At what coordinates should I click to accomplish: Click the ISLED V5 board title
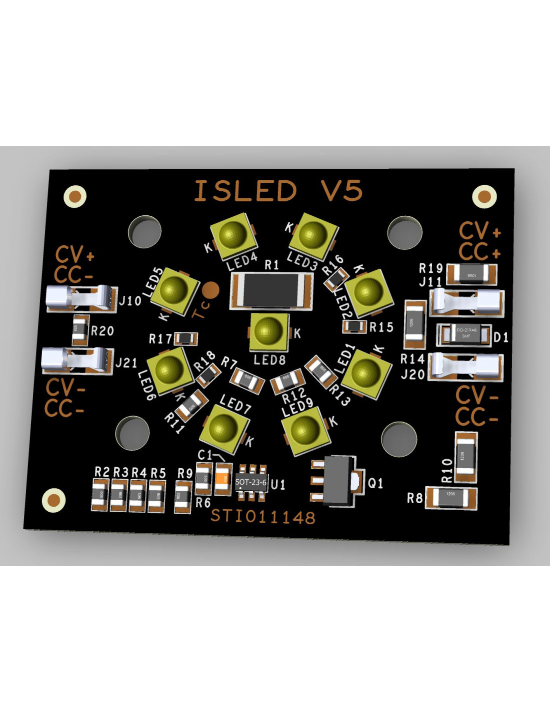pos(278,191)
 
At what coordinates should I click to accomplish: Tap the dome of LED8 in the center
pos(268,330)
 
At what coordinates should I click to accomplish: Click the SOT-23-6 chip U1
pos(251,482)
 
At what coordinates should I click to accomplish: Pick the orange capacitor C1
pos(223,479)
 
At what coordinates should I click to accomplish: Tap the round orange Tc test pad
pos(211,289)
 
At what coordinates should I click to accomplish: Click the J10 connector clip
pos(80,298)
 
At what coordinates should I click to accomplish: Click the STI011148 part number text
pos(263,516)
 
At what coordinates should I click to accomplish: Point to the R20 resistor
pos(80,330)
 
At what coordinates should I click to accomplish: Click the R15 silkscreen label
pos(381,327)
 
